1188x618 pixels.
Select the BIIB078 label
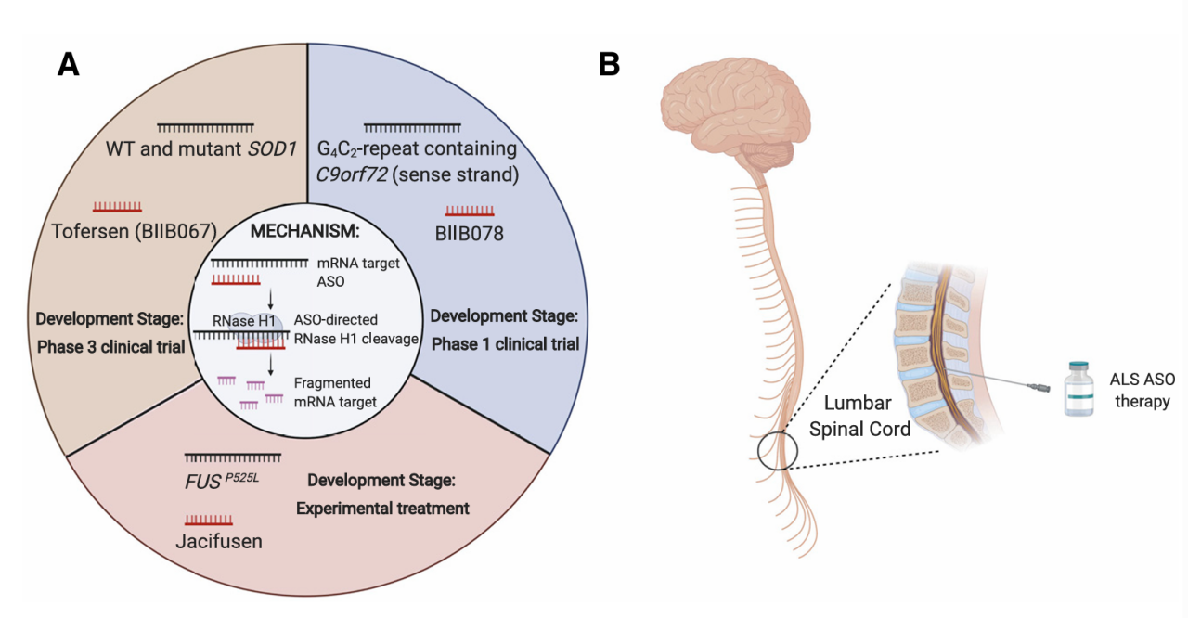(x=469, y=234)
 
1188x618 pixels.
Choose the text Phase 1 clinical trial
(x=505, y=343)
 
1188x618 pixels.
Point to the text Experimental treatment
(x=382, y=509)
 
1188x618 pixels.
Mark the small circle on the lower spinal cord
(x=777, y=453)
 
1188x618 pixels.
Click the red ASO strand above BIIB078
(x=469, y=210)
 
